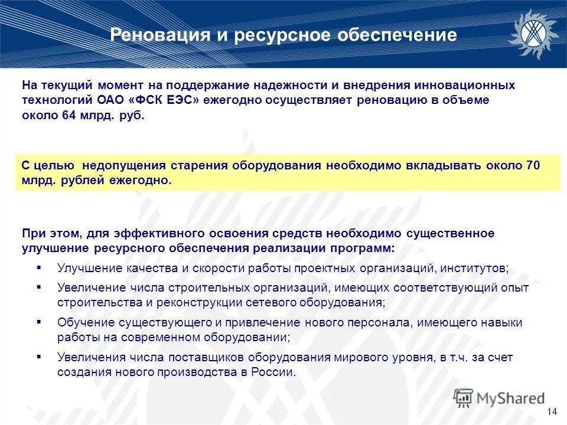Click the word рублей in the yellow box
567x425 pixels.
tap(82, 181)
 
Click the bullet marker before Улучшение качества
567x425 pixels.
tap(39, 267)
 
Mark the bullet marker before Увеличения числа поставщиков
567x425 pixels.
tap(39, 357)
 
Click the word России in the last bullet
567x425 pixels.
tap(276, 372)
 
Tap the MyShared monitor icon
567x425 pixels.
tap(464, 397)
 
